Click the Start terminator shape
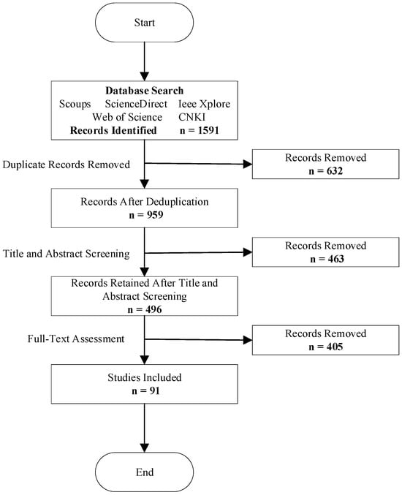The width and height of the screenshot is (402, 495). click(144, 23)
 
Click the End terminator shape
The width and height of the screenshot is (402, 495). click(144, 472)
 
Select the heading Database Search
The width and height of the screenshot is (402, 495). click(144, 91)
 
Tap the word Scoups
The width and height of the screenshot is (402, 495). click(75, 104)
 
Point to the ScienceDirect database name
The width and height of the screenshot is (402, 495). click(136, 104)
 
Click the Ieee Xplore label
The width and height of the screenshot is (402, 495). click(204, 104)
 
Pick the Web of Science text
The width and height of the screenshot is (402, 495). click(127, 117)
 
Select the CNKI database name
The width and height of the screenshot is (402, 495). click(191, 117)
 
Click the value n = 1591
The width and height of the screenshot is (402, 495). click(199, 130)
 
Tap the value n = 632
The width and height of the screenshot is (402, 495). click(326, 171)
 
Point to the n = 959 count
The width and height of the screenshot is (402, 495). click(146, 215)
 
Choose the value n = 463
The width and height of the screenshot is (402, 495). click(327, 259)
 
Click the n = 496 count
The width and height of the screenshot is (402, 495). click(145, 309)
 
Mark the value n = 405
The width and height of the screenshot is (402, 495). click(326, 347)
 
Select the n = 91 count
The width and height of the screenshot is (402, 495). click(145, 391)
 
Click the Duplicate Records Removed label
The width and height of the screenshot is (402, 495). click(67, 165)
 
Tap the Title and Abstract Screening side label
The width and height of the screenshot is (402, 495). click(67, 254)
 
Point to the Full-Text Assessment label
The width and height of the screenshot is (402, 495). click(76, 339)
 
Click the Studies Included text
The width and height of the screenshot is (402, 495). click(145, 377)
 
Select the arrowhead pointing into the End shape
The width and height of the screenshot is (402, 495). click(144, 448)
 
